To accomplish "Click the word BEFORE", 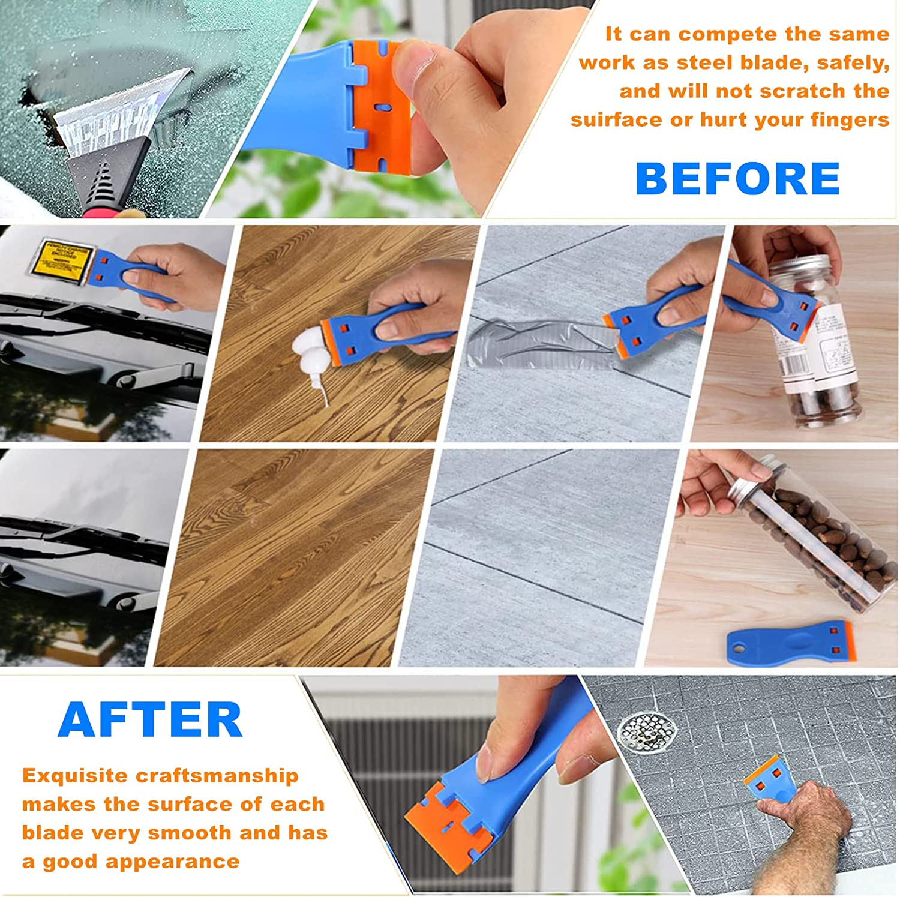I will [737, 179].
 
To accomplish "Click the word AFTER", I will [150, 720].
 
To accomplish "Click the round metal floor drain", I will [648, 731].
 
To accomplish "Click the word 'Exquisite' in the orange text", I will [74, 775].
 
